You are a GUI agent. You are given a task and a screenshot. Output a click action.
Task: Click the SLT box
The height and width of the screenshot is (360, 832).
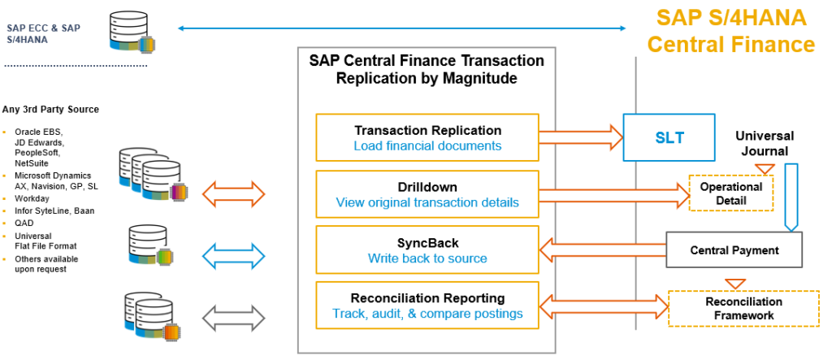tap(669, 137)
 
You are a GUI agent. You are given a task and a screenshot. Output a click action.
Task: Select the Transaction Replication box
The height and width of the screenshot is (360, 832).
tap(427, 137)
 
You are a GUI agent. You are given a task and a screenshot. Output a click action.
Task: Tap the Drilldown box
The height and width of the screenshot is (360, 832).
tap(427, 193)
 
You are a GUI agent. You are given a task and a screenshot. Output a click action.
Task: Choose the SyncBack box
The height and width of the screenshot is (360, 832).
tap(427, 250)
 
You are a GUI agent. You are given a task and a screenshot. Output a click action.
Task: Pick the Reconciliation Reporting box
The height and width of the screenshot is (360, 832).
tap(427, 306)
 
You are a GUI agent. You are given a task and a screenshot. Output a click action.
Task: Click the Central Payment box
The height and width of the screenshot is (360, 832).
tap(734, 250)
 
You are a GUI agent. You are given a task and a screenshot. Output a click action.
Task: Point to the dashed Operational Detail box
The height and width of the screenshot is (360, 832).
tap(731, 193)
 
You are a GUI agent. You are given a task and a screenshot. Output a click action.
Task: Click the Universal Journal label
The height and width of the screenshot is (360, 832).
tap(765, 143)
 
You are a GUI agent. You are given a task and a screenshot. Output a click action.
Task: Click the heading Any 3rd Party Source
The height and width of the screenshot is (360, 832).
tap(50, 110)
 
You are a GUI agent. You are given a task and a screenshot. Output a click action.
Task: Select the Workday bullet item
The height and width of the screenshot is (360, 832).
tap(32, 197)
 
